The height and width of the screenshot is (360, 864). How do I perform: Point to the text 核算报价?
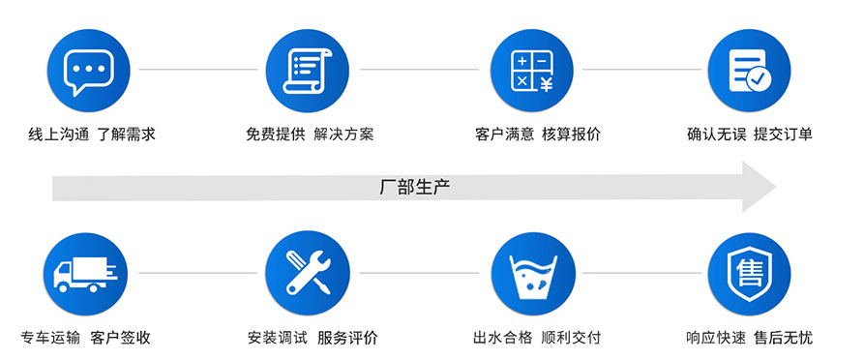coord(571,135)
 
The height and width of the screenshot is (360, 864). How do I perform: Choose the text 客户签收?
coord(121,338)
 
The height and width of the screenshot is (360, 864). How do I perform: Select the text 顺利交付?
coord(571,338)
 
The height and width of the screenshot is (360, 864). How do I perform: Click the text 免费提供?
coord(275,135)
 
